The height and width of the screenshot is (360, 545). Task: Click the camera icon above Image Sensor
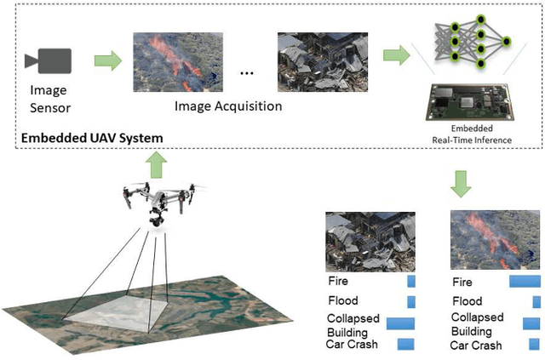point(48,60)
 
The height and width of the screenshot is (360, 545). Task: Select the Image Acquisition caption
point(227,106)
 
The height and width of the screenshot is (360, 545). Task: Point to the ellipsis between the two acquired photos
point(248,73)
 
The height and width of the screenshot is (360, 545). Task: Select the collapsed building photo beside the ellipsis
point(323,61)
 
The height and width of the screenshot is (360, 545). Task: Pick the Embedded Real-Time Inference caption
point(470,133)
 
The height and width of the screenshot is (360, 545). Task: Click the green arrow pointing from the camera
point(104,60)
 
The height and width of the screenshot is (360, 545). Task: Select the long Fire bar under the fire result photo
point(525,281)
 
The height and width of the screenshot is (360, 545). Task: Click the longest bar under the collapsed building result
point(399,323)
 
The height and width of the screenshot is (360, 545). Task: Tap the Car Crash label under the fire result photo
point(476,346)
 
